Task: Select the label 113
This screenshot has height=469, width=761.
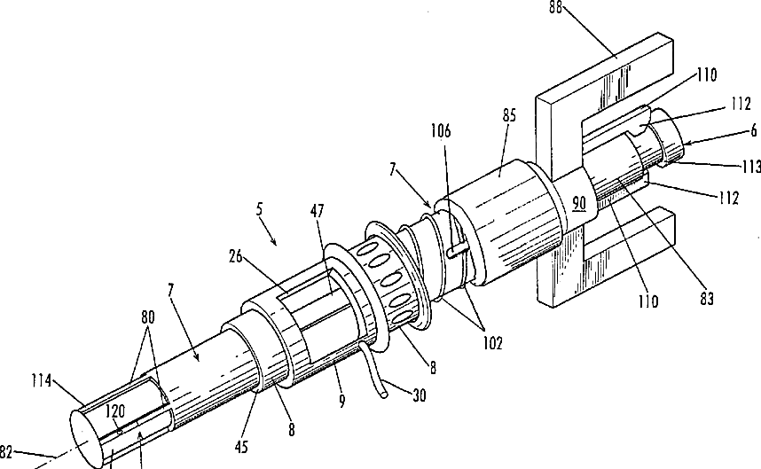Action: [750, 167]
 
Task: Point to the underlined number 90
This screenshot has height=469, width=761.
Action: [578, 203]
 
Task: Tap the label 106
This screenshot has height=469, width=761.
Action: [441, 131]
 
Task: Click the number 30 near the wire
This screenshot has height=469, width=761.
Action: [419, 395]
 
